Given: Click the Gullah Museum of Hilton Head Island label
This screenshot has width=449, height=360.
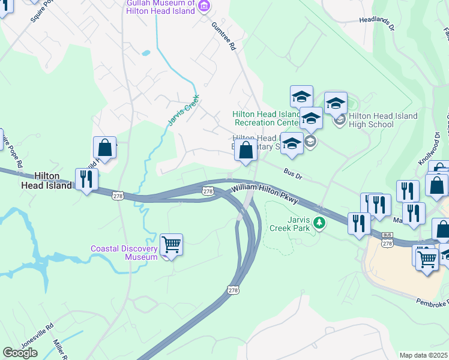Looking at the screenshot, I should coord(160,7).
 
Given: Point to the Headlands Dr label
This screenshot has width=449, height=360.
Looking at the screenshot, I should coord(377,23).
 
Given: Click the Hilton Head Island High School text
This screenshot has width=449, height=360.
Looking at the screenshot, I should coord(371,120).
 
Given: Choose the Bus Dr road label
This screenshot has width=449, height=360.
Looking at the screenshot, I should coord(293,173).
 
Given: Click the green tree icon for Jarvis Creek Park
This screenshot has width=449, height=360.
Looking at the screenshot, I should coord(320,223).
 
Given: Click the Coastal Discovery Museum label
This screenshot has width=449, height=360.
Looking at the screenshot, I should coord(124,253).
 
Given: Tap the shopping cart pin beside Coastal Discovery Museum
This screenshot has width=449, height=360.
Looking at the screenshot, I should coord(172,245).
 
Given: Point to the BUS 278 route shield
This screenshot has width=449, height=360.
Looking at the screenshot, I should coord(387,241).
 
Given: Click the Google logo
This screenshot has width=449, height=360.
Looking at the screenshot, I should coord(20,353).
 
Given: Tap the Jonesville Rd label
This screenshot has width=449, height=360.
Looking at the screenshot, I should coord(37,333).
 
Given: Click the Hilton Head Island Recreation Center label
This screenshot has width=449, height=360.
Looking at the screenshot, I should coord(267,118).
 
